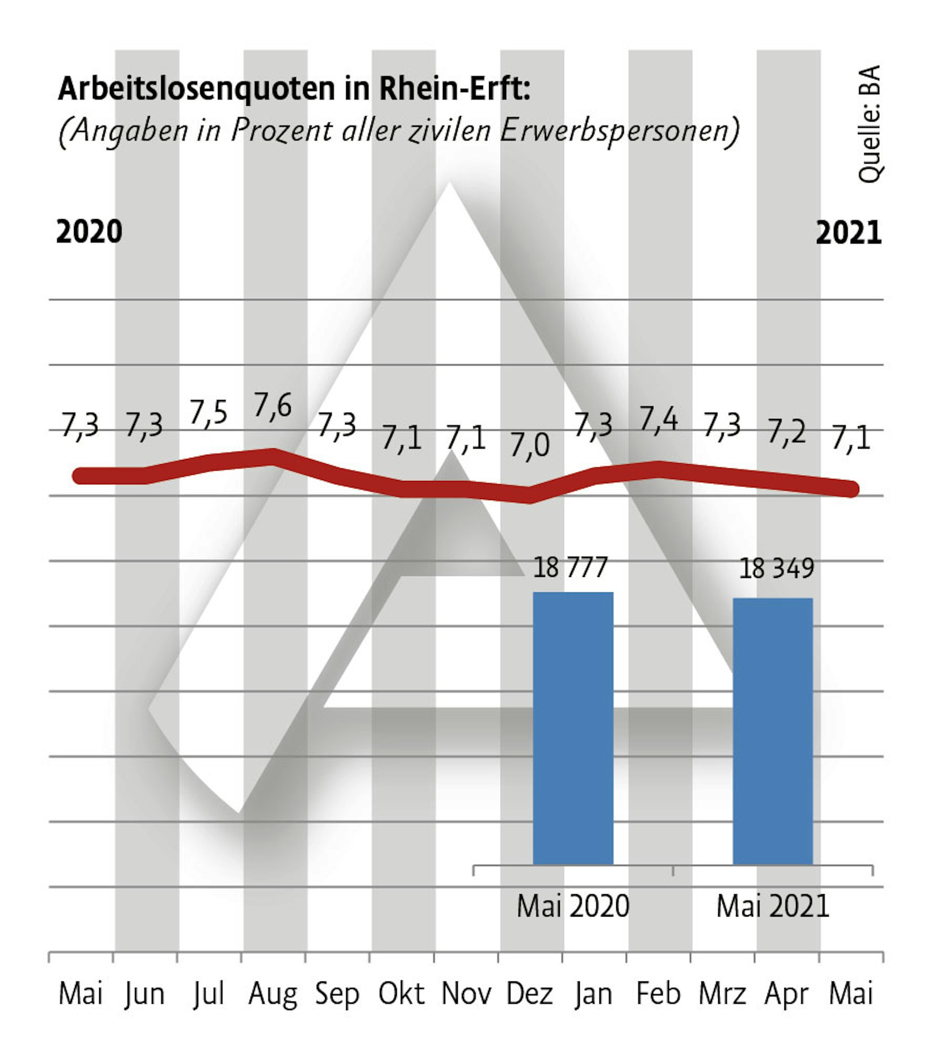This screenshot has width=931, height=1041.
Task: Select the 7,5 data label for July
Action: [208, 412]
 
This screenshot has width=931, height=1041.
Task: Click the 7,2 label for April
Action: [787, 432]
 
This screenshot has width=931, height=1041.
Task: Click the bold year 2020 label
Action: [89, 232]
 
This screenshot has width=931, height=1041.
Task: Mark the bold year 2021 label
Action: [849, 233]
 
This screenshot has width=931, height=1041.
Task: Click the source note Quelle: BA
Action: [869, 124]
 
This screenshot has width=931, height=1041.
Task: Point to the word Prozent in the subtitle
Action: [282, 130]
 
